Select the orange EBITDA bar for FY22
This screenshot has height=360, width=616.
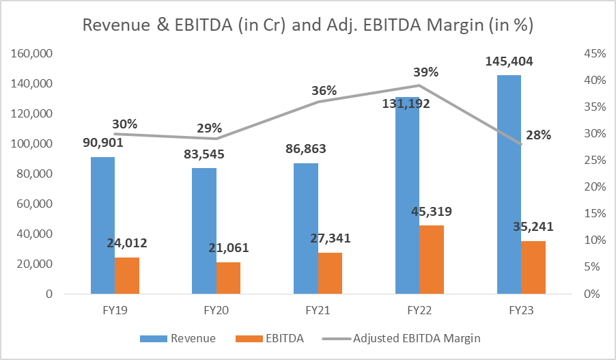(432, 260)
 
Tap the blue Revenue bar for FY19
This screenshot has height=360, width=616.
(102, 225)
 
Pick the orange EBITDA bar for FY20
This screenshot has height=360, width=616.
(229, 278)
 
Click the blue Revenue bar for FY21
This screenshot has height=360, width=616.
(305, 228)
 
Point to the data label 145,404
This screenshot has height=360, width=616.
(509, 61)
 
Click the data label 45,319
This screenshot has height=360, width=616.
(432, 211)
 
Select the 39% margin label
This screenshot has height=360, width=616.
(425, 72)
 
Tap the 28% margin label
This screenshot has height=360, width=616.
(538, 135)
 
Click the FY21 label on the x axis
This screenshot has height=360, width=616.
(305, 310)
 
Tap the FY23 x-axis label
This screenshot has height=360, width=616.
(509, 310)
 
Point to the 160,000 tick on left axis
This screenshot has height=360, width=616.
(32, 53)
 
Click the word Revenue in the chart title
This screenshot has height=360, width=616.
(114, 25)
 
